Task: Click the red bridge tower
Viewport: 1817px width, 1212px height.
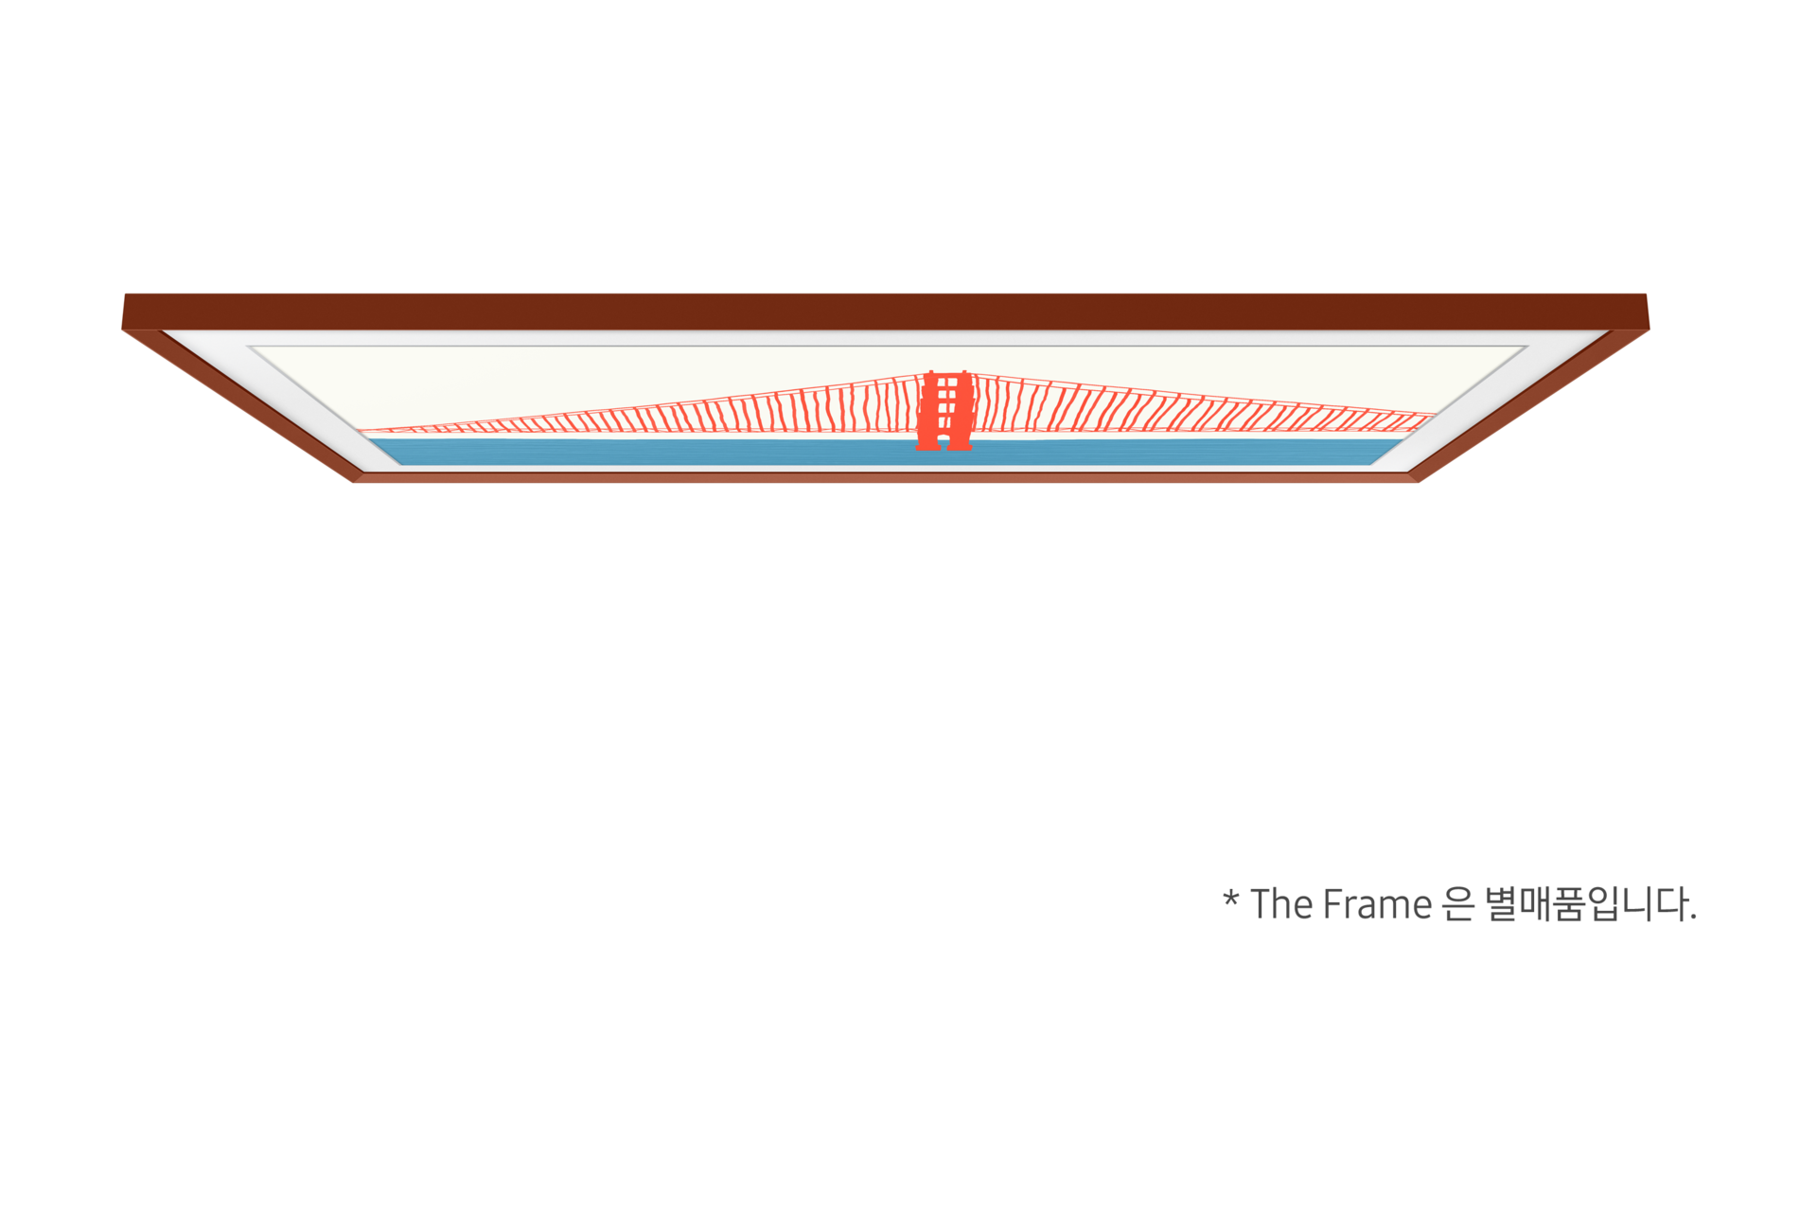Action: tap(944, 410)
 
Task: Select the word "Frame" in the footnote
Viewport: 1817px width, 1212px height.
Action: tap(1377, 905)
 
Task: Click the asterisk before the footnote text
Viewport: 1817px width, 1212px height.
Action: tap(1230, 898)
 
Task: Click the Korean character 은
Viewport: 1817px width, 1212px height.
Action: tap(1457, 904)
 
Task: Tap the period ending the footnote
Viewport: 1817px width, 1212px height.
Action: tap(1693, 918)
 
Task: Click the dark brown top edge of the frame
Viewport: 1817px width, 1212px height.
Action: tap(886, 312)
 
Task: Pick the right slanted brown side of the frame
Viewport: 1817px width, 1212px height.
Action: tap(1529, 405)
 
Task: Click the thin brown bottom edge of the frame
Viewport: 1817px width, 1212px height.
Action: tap(886, 477)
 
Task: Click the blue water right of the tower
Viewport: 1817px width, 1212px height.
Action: tap(1183, 452)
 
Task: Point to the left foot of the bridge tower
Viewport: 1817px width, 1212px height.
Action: tap(927, 445)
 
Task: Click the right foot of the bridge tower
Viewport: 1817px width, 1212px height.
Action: tap(960, 445)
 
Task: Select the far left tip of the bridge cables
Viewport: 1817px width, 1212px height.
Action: tap(360, 431)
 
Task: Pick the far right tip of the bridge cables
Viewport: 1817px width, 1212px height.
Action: tap(1435, 415)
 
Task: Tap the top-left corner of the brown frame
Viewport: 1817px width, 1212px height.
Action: tap(125, 294)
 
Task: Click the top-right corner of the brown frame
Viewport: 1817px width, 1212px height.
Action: tap(1646, 294)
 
